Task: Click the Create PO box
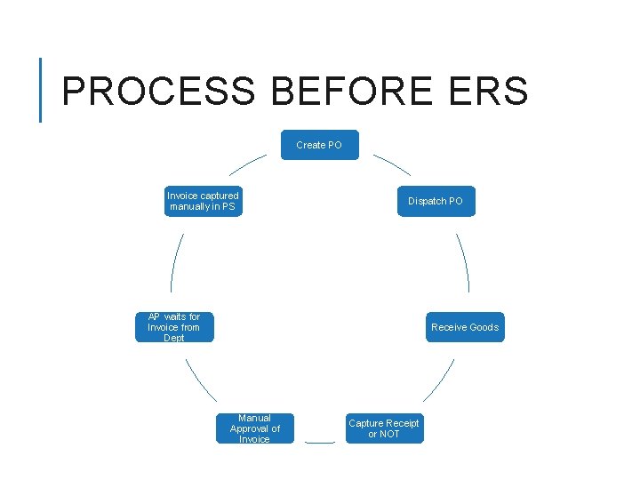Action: coord(320,145)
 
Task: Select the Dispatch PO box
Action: coord(435,201)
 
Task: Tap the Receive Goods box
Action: coord(464,327)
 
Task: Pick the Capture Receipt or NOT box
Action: coord(384,428)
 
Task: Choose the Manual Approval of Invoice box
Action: coord(255,428)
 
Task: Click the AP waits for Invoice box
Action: coord(174,327)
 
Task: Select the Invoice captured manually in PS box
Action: coord(204,201)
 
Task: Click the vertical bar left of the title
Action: coord(41,89)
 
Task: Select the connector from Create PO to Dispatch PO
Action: coord(392,164)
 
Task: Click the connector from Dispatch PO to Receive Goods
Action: coord(463,262)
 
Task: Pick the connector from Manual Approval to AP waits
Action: coord(201,380)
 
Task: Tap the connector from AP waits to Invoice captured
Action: coord(176,263)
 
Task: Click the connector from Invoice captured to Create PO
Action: coord(248,164)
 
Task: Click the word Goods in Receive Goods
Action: coord(484,327)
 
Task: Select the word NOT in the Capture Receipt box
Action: coord(389,435)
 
